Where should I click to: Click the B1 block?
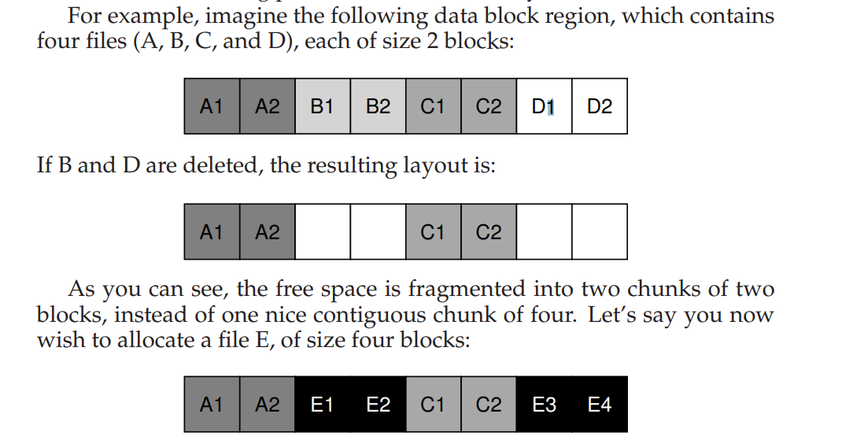click(x=323, y=106)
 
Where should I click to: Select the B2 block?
click(x=378, y=106)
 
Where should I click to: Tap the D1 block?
click(x=544, y=106)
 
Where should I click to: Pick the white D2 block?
click(x=600, y=106)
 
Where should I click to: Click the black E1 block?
click(x=323, y=405)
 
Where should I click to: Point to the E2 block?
click(x=378, y=405)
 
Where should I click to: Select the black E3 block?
click(x=544, y=405)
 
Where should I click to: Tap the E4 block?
click(x=600, y=405)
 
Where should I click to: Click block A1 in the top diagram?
click(x=212, y=106)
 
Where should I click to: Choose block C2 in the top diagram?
click(x=489, y=106)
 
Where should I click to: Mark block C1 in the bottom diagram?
click(x=434, y=405)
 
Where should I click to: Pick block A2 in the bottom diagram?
click(x=268, y=405)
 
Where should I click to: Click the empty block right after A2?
click(x=323, y=232)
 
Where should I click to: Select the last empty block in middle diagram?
click(x=600, y=232)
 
